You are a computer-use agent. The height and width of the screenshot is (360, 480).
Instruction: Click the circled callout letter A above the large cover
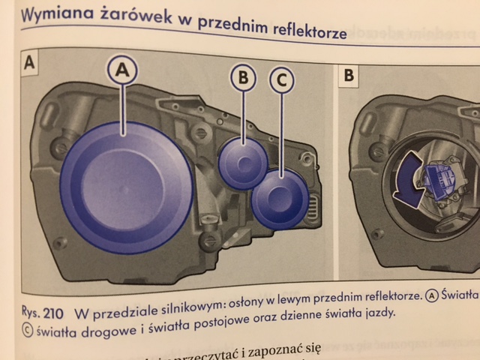tap(124, 71)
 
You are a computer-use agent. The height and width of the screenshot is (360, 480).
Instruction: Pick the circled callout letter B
tap(244, 77)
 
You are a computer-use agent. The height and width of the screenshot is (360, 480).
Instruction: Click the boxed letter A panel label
tap(31, 63)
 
